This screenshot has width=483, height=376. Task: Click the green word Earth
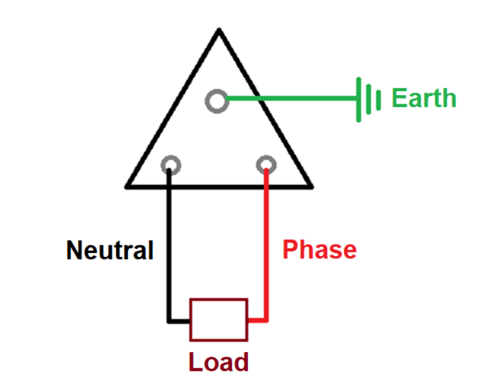[424, 99]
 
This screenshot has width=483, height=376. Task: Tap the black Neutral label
[110, 250]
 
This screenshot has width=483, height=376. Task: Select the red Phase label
[319, 249]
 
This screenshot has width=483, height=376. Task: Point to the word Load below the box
[218, 361]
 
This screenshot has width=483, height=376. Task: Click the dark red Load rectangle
[218, 319]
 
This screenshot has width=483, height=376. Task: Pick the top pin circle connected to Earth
[217, 100]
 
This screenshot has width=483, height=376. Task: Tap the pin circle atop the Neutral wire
[171, 165]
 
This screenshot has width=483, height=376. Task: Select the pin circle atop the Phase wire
[266, 165]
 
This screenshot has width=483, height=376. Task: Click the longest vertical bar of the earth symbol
[357, 99]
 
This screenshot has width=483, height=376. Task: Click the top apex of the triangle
[220, 31]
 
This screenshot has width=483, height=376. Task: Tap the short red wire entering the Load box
[257, 320]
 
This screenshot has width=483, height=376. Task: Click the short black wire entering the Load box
[180, 320]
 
